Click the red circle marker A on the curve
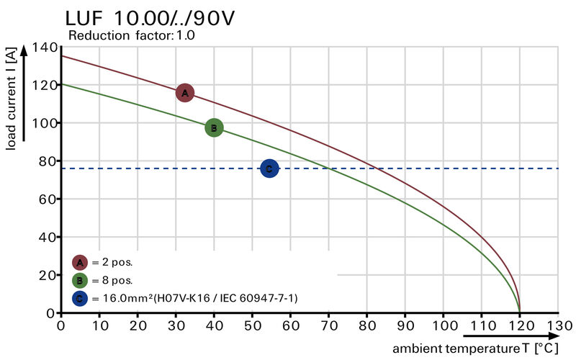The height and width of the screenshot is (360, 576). click(x=185, y=93)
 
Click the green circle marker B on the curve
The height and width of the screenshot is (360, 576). click(x=214, y=128)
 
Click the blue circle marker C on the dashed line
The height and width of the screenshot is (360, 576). click(x=269, y=168)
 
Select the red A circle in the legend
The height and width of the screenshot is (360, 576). click(x=80, y=263)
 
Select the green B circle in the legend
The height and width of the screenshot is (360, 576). click(x=80, y=280)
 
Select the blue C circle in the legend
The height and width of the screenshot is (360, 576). click(x=80, y=297)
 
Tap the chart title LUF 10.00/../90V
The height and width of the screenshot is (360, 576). click(x=150, y=17)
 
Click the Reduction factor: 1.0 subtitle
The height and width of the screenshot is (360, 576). click(x=131, y=35)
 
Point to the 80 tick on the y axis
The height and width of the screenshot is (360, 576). click(x=48, y=161)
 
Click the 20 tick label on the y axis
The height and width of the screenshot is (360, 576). click(x=48, y=275)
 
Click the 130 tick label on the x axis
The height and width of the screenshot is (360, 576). click(x=557, y=325)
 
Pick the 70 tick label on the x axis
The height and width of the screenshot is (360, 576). click(x=328, y=325)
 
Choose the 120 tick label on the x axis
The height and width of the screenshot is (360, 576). click(x=519, y=325)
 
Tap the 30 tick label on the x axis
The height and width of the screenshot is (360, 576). click(x=176, y=325)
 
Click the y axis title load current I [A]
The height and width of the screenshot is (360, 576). click(x=11, y=99)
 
